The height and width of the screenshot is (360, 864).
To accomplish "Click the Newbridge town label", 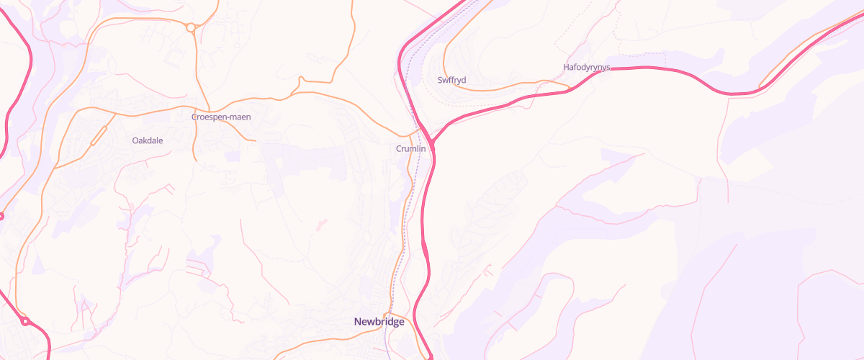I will click(379, 322).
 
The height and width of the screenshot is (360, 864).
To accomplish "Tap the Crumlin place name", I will click(411, 148).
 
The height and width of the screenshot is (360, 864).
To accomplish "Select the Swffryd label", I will click(451, 79).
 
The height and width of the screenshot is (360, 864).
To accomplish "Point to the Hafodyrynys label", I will click(586, 67).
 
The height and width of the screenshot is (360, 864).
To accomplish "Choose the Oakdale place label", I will click(148, 140).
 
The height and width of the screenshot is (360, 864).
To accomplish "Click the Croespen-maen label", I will click(221, 117).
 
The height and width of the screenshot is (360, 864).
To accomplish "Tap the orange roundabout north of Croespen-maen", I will click(191, 28).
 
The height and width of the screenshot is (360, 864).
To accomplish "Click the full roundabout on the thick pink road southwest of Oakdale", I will click(25, 321).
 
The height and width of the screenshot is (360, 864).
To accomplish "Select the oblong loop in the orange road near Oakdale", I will click(99, 135).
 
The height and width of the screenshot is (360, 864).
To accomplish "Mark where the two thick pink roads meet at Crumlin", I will click(433, 141).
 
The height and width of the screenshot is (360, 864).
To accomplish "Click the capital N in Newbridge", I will click(358, 322).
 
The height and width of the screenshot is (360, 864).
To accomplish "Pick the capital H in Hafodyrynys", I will click(566, 67).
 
